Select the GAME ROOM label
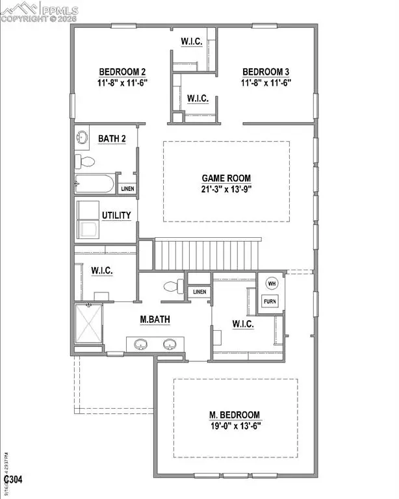[225, 178]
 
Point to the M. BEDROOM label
[235, 415]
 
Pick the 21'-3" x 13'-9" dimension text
[225, 190]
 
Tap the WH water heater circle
[271, 283]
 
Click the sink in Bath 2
[83, 138]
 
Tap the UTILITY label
[116, 215]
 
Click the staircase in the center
[207, 253]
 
